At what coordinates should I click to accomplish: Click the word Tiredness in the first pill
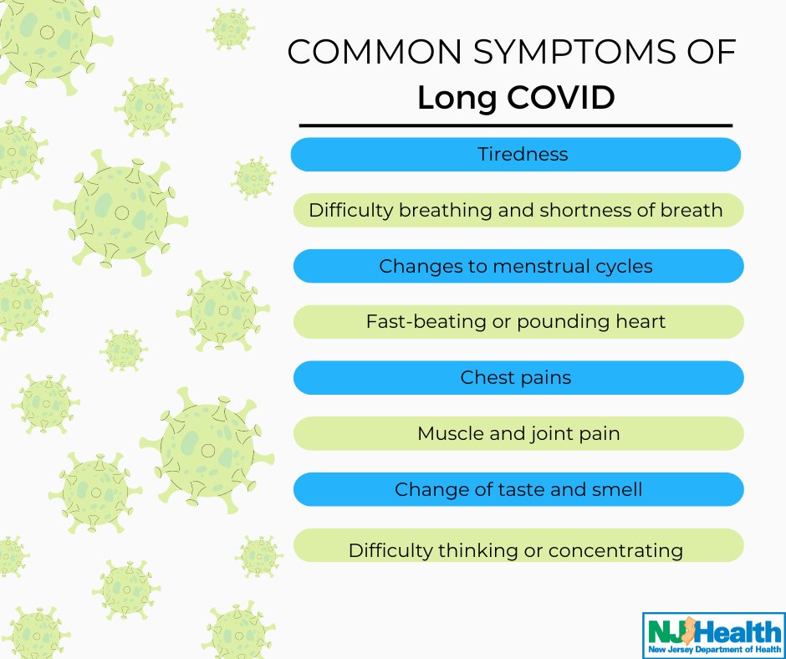(x=523, y=154)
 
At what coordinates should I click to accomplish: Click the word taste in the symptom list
(x=506, y=489)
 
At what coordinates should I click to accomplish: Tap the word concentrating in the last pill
(x=615, y=550)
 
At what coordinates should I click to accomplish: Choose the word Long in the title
(x=459, y=99)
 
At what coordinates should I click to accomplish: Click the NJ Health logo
(x=713, y=635)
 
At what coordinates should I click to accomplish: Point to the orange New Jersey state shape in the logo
(x=690, y=630)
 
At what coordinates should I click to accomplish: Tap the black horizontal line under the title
(x=516, y=125)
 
